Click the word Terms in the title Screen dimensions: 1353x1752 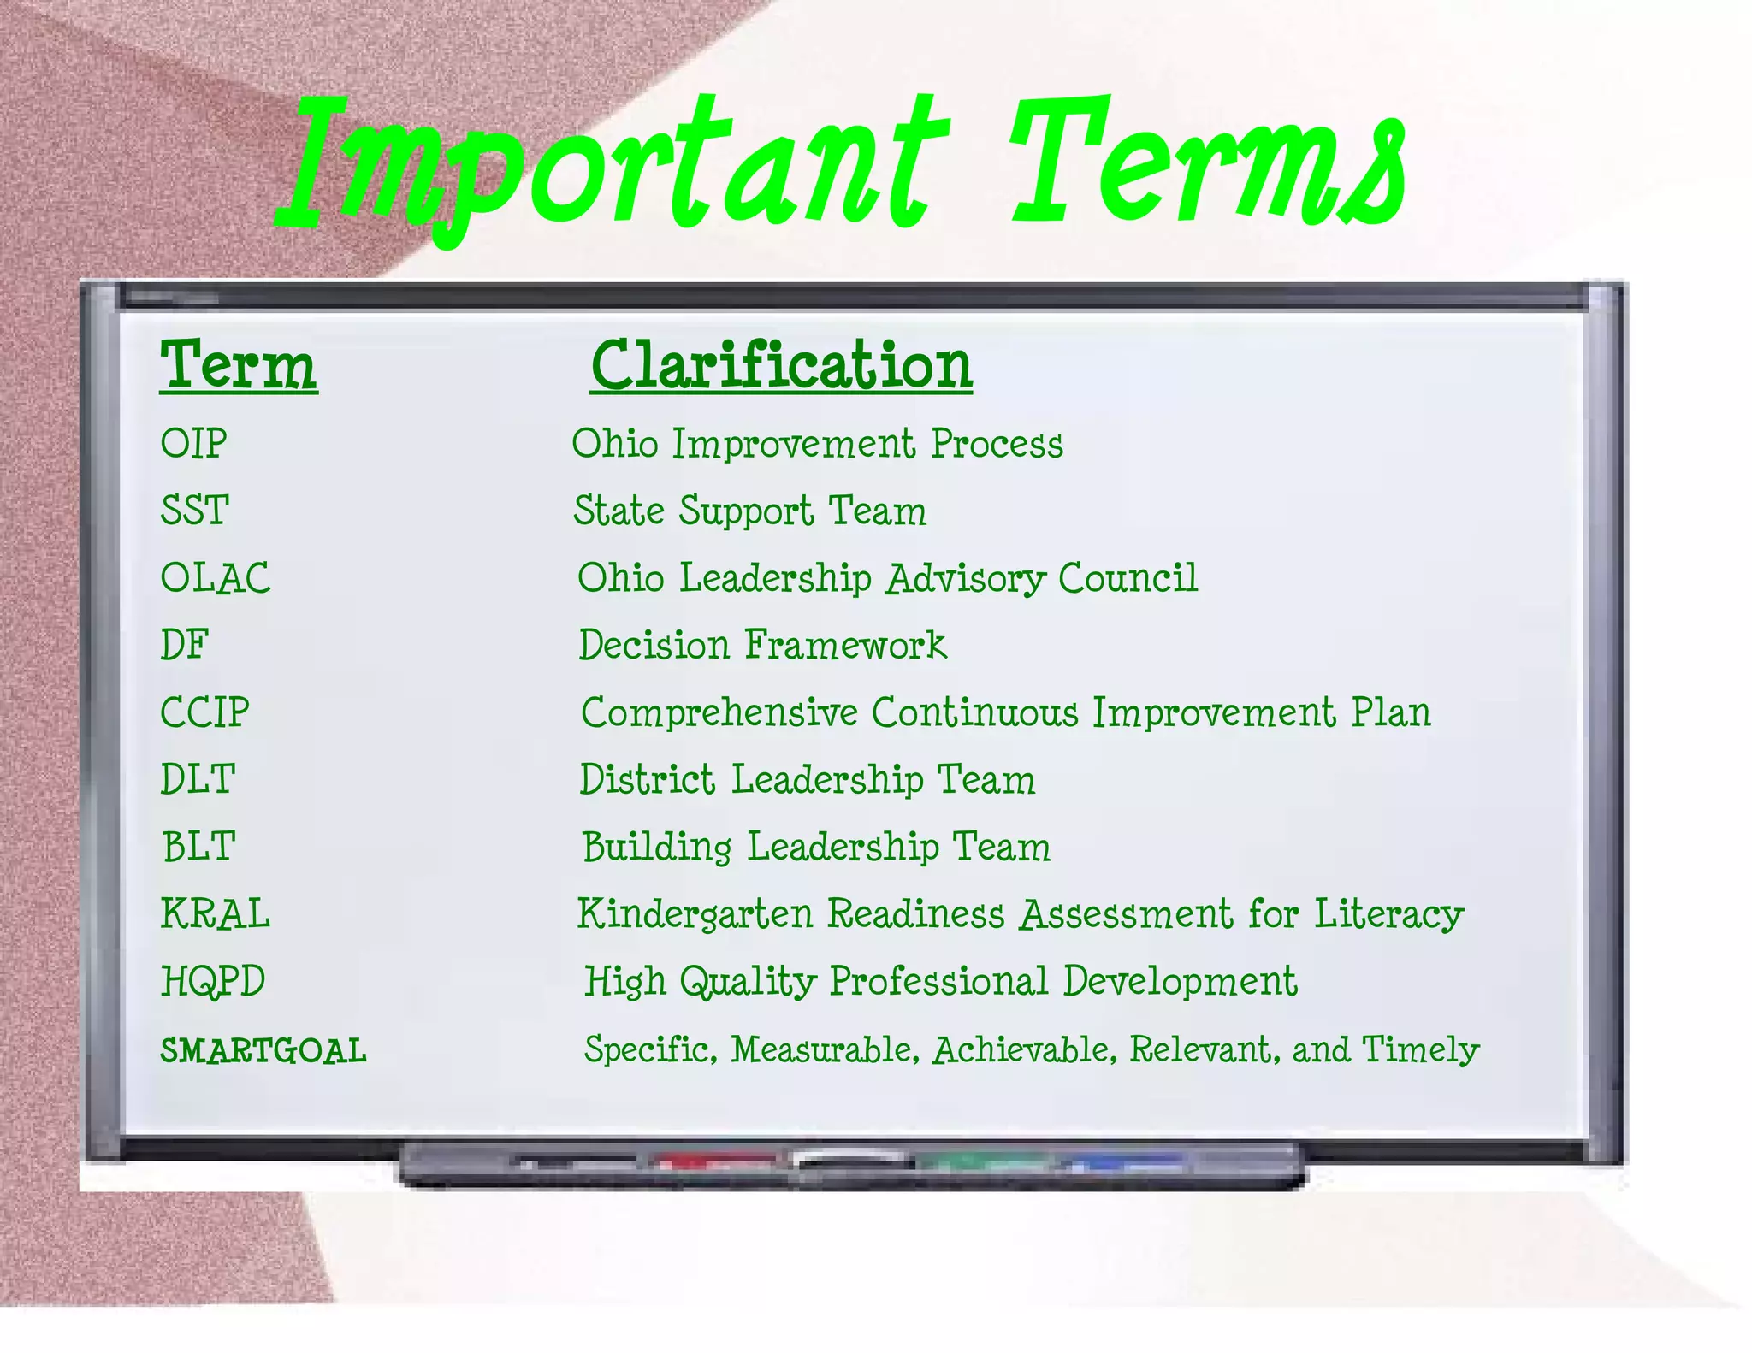click(x=1206, y=167)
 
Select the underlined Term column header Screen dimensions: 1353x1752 click(x=239, y=366)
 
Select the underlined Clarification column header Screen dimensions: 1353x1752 click(x=781, y=366)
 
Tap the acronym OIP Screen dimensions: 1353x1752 click(x=194, y=444)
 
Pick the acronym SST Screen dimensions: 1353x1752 click(x=195, y=511)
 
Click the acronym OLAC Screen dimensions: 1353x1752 click(x=216, y=578)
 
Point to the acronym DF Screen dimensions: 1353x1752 click(x=185, y=645)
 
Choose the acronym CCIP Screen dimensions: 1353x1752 click(x=205, y=712)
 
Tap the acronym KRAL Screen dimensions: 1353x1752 click(x=216, y=913)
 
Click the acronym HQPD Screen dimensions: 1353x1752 click(x=213, y=981)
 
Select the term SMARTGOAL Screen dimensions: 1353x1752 click(x=263, y=1051)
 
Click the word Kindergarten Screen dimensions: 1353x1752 click(x=694, y=914)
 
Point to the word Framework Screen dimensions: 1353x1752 click(x=845, y=645)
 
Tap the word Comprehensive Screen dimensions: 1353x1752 click(x=719, y=712)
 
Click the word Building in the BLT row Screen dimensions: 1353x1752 click(x=657, y=847)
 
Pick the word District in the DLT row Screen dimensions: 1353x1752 click(x=647, y=779)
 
